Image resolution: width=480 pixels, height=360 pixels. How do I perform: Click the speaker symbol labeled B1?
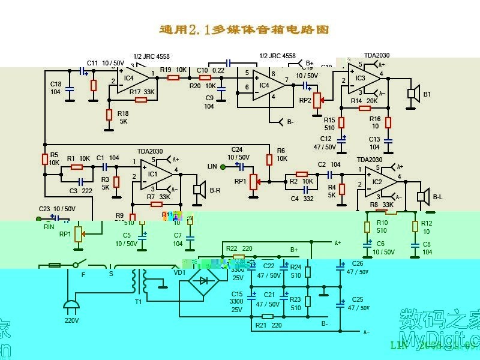[412, 93]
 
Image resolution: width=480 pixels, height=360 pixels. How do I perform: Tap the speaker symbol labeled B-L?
[422, 196]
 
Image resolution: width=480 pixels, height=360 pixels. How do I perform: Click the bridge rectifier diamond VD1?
[203, 280]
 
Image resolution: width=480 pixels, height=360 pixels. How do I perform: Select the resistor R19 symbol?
[173, 77]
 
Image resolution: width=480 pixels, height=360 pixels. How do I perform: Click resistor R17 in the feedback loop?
[141, 100]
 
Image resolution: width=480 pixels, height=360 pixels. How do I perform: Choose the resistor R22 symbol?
[238, 257]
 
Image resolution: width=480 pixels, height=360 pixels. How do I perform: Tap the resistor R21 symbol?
[268, 316]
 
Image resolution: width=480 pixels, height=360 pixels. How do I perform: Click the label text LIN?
[212, 166]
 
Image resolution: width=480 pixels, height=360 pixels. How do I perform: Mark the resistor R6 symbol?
[269, 160]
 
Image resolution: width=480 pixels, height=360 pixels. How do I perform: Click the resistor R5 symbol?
[44, 159]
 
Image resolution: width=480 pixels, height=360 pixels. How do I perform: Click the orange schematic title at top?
[244, 29]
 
